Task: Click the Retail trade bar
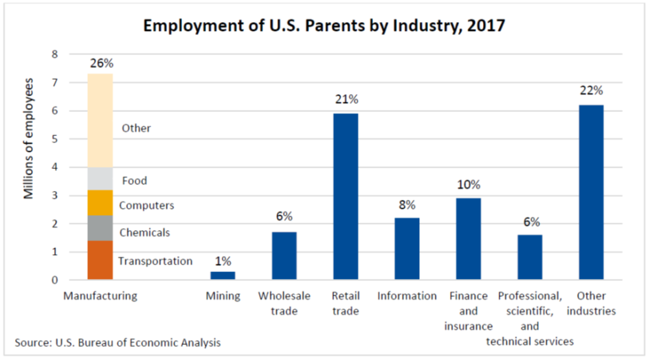tap(345, 196)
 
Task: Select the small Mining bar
tap(222, 275)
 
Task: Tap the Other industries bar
tap(591, 192)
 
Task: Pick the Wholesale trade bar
tap(284, 256)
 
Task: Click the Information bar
tap(407, 249)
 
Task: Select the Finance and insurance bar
tap(468, 239)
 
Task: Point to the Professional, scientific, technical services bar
tap(530, 257)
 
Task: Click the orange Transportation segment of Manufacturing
tap(100, 260)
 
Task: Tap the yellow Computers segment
tap(100, 203)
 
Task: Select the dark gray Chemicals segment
tap(100, 228)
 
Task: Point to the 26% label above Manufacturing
tap(100, 63)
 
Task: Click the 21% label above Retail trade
tap(345, 100)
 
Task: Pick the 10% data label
tap(468, 184)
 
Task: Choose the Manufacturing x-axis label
tap(100, 295)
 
